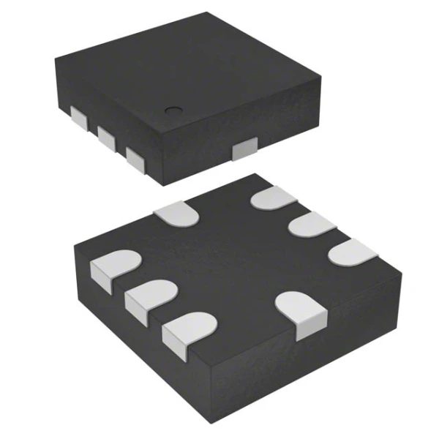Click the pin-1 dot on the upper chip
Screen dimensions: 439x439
pyautogui.click(x=173, y=111)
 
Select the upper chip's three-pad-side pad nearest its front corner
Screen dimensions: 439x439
pyautogui.click(x=135, y=157)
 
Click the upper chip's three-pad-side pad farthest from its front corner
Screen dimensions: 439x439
pyautogui.click(x=77, y=117)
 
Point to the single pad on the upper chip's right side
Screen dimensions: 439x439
pyautogui.click(x=243, y=150)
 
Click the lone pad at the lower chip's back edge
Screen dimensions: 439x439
pyautogui.click(x=177, y=212)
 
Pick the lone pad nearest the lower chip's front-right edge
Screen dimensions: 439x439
pyautogui.click(x=301, y=312)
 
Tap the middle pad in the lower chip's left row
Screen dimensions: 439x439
pyautogui.click(x=151, y=297)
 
